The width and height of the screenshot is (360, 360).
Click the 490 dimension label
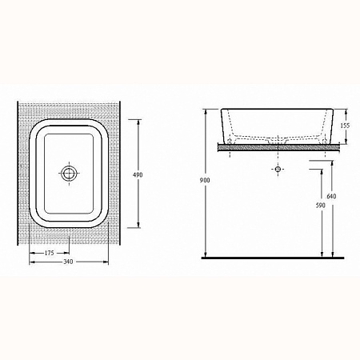point(138,175)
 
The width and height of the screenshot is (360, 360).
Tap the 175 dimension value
point(49,253)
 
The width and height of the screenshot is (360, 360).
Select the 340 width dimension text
point(68,262)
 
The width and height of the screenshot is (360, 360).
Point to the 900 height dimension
point(205,180)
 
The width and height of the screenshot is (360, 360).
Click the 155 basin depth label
point(345,126)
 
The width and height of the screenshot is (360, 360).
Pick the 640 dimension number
point(331,196)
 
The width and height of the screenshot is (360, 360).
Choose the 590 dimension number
point(321,206)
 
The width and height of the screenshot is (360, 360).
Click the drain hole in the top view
point(70,173)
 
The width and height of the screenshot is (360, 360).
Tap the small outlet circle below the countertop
point(278,169)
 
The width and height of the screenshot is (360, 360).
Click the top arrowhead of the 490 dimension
point(138,122)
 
